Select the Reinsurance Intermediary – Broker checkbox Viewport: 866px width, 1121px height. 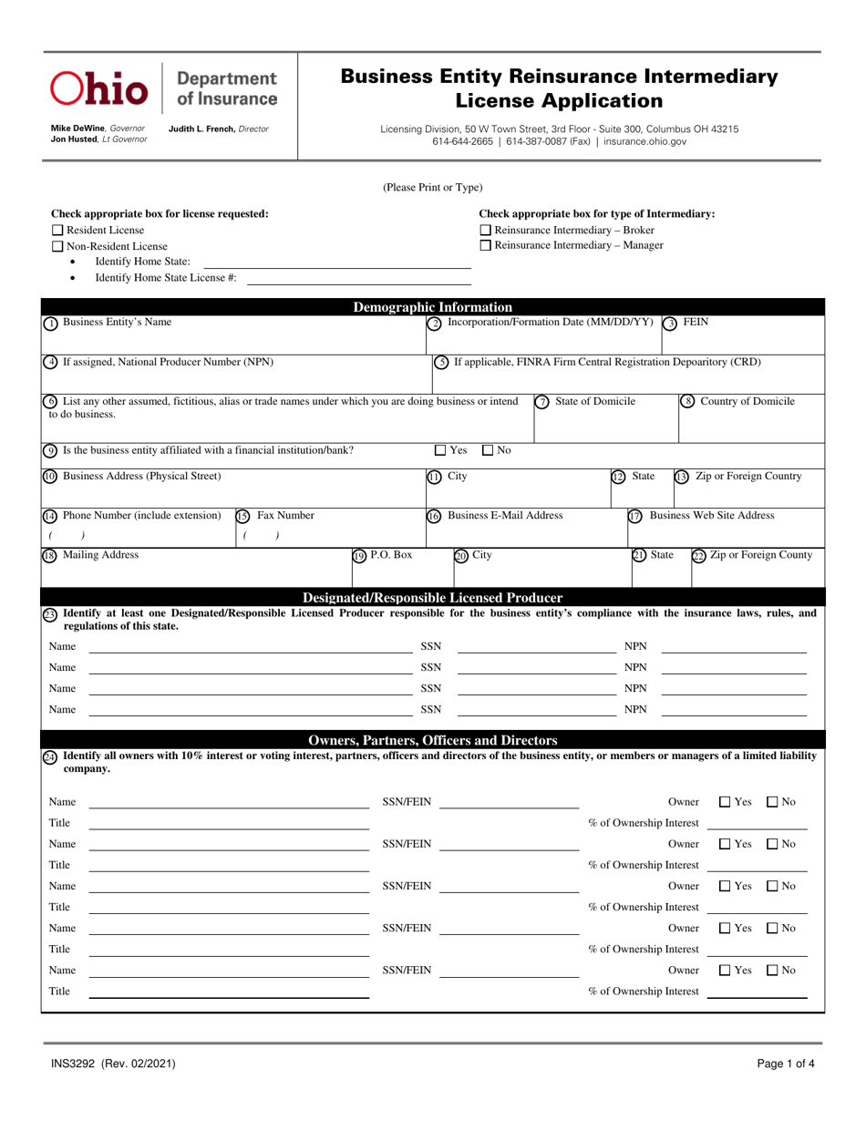[485, 231]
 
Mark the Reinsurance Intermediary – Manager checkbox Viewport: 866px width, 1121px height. [485, 245]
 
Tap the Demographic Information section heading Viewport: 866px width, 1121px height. [432, 306]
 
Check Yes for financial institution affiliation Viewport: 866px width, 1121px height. [441, 449]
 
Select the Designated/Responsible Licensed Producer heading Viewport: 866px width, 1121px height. [432, 598]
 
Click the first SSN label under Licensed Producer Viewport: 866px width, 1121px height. [430, 647]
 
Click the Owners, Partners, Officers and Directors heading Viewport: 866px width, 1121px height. [432, 740]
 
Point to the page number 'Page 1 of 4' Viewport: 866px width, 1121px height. [789, 1063]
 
